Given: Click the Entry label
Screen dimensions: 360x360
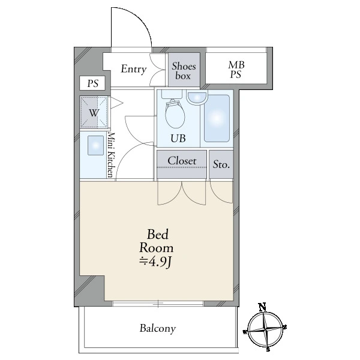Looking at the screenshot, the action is (134, 69).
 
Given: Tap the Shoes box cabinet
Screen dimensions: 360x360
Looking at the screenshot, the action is (184, 70).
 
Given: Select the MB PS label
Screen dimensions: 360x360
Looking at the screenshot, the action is (236, 70).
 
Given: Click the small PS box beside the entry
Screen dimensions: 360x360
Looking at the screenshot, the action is (92, 83).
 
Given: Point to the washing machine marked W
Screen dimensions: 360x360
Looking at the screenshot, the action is (94, 112).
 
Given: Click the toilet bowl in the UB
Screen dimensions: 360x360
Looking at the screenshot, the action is (175, 115).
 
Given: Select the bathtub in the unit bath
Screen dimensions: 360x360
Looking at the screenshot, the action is (217, 118).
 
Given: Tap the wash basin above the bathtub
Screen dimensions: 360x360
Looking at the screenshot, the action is (197, 97).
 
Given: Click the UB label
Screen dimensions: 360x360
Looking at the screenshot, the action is (178, 138).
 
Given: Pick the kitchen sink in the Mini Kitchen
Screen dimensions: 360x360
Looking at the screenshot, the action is (96, 145).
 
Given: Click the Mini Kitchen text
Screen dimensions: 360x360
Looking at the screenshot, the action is (110, 155).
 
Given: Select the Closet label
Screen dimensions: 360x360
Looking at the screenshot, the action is (182, 161).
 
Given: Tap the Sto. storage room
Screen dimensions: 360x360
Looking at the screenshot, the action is (221, 164).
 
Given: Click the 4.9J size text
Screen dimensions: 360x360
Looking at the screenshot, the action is (155, 262).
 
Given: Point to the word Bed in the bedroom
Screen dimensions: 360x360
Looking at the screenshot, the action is (157, 235).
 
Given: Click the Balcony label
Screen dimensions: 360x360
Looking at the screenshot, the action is (158, 329).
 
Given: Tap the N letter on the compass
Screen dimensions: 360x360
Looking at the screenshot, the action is (262, 307).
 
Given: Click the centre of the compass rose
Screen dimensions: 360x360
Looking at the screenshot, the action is (266, 330).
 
